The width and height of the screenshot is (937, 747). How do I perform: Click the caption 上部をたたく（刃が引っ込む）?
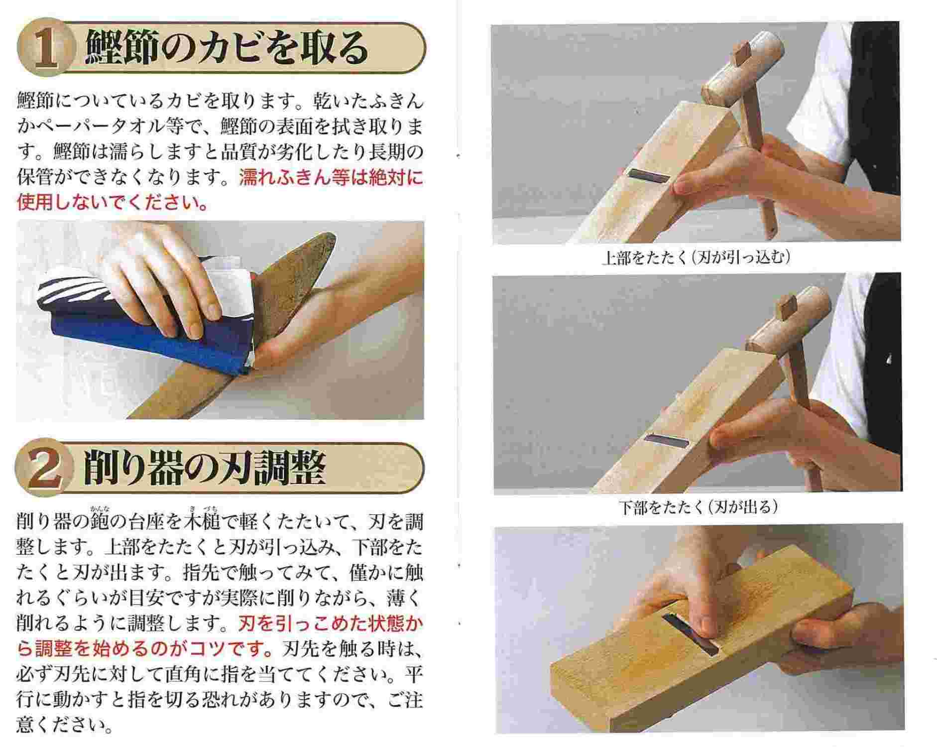[696, 258]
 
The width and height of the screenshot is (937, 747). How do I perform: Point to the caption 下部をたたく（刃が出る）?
[698, 507]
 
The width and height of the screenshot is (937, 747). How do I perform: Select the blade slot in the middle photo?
[667, 440]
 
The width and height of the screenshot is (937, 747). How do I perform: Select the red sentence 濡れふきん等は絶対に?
[331, 177]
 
